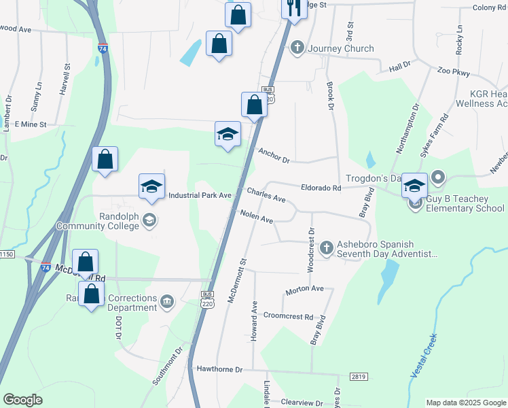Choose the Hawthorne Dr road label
coord(219,369)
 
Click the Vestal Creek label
coord(421,363)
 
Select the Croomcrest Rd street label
coord(288,317)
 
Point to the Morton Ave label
coord(304,289)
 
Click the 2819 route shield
coord(359,376)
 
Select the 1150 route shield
coord(7,254)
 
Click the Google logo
coord(23,400)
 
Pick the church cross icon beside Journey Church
coord(297,48)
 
